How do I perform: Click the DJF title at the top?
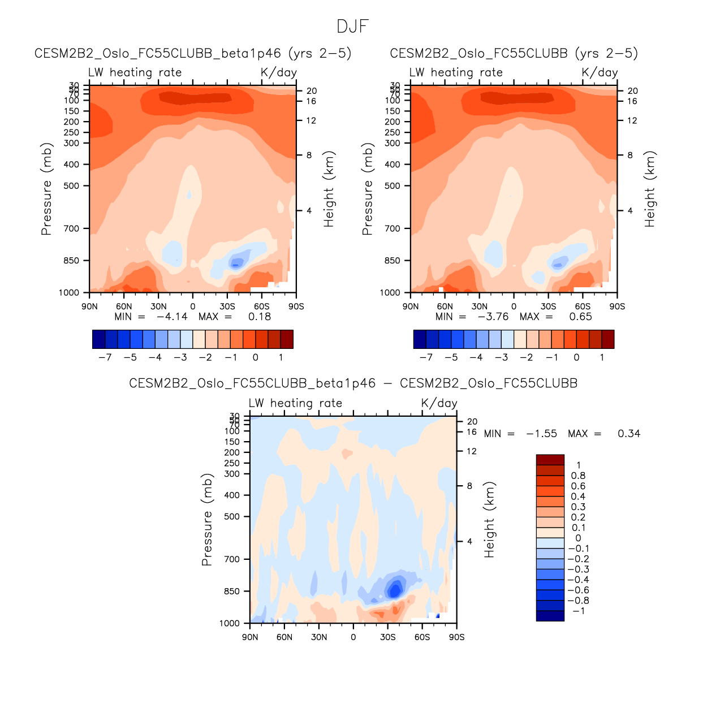coord(352,27)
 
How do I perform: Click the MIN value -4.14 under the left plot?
coord(172,317)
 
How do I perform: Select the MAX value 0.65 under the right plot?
coord(580,317)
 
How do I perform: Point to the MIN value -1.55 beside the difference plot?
coord(541,434)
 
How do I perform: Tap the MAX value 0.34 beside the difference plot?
coord(628,434)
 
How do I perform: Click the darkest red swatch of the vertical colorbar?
coord(550,460)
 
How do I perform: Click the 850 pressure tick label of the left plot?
coord(71,261)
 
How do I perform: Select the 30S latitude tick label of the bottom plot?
coord(388,637)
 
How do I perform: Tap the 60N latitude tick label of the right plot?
coord(445,306)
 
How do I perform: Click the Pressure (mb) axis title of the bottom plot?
coord(207,520)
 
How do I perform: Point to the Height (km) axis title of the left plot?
coord(329,189)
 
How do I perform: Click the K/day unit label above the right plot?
coord(600,72)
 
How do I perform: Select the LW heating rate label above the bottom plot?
coord(295,403)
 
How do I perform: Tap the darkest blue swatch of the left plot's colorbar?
coord(98,339)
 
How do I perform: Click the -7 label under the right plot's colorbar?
coord(426,357)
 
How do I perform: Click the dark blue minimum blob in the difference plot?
coord(394,590)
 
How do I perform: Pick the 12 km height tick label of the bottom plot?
coord(471,451)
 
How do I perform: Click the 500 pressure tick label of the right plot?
coord(393,185)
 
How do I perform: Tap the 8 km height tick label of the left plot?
coord(309,155)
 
